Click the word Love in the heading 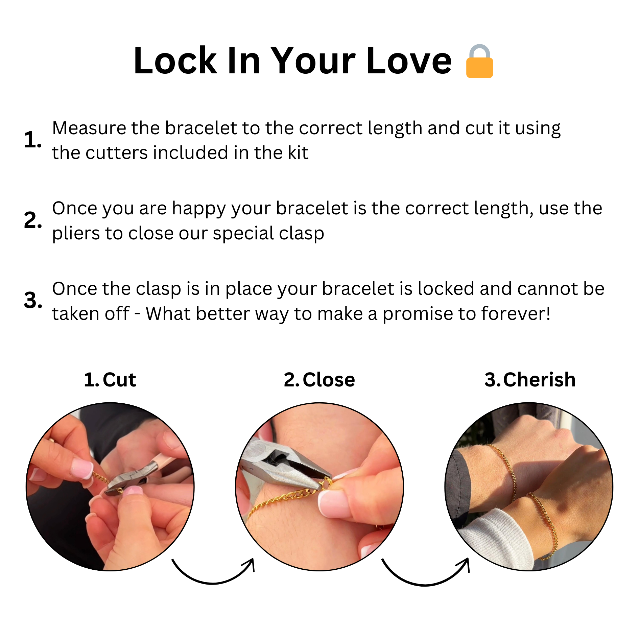pos(409,61)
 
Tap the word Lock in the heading pos(175,61)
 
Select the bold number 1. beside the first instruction pos(33,140)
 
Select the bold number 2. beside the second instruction pos(33,220)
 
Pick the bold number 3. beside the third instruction pos(33,300)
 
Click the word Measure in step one pos(89,128)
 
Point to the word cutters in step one pos(116,153)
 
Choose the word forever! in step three pos(516,313)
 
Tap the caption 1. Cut pos(110,380)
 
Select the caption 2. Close pos(319,380)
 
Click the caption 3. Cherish pos(530,380)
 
